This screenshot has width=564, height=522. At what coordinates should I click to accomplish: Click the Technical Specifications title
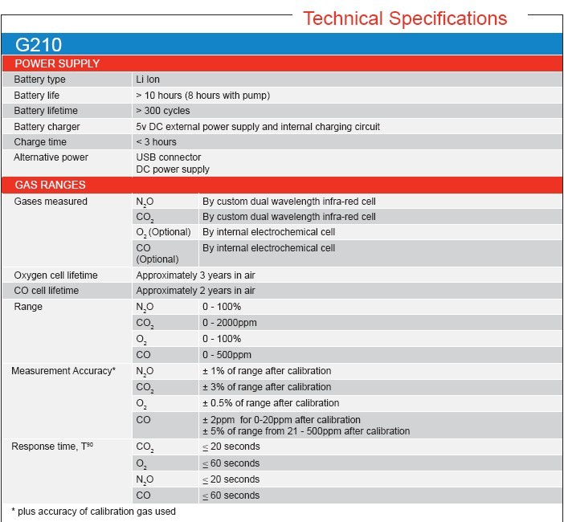coord(404,18)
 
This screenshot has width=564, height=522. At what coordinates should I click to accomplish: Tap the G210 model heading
coord(39,45)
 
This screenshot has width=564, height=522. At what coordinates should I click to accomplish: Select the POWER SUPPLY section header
coord(57,63)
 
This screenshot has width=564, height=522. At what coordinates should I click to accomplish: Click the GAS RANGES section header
coord(51,185)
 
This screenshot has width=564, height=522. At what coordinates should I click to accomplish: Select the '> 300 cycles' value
coord(163,111)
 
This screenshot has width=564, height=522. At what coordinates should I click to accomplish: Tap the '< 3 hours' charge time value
coord(157,142)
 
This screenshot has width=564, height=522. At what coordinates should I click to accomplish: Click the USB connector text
coord(169,157)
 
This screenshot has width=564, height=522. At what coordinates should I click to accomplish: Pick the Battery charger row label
coord(47,127)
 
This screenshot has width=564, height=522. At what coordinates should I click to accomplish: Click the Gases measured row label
coord(51,202)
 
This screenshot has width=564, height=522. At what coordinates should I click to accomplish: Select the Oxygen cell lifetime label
coord(55,275)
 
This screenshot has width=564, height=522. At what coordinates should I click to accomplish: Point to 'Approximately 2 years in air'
coord(195,291)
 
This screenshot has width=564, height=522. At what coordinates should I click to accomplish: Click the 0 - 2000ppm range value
coord(231,323)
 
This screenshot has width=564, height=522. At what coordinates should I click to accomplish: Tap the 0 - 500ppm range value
coord(227,355)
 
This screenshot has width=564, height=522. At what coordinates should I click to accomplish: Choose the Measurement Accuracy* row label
coord(63,371)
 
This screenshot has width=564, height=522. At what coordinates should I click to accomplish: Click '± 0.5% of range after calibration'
coord(271,403)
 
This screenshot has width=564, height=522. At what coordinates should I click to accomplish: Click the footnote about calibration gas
coord(93,511)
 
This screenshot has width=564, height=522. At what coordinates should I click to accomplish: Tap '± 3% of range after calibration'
coord(267,387)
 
